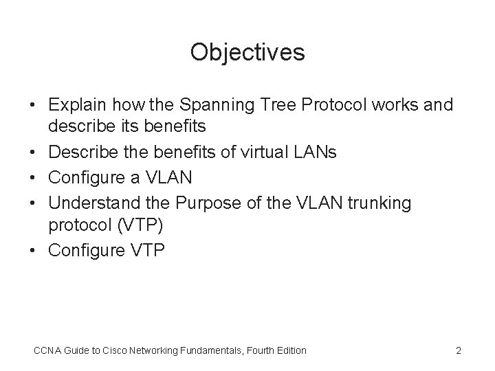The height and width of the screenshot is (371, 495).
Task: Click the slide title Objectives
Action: coord(247,52)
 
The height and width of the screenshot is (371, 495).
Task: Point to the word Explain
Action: coord(76,105)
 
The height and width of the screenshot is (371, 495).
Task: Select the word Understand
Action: coord(91,203)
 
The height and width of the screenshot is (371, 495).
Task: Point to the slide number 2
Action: coord(458,350)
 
